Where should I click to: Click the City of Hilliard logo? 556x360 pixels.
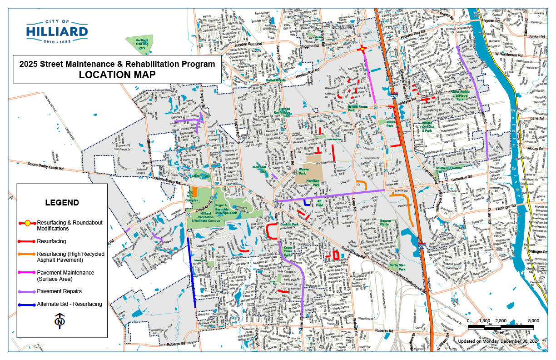(57, 31)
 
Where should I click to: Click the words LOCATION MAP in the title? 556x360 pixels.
(117, 75)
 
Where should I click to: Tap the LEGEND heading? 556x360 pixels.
(62, 202)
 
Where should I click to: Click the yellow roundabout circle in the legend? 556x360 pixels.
(27, 223)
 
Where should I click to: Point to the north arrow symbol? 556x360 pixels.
(59, 321)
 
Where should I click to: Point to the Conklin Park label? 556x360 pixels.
(289, 225)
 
